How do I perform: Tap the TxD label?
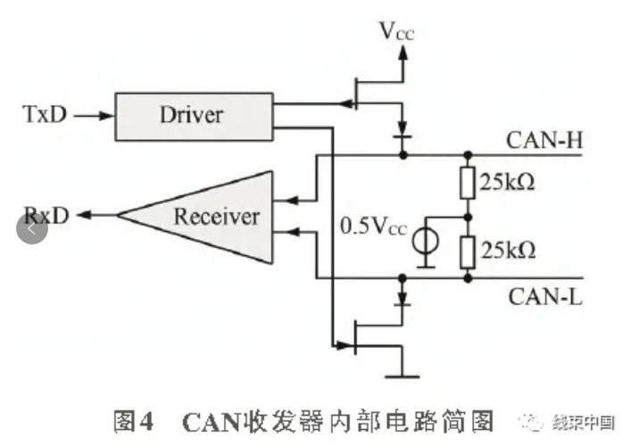pos(45,114)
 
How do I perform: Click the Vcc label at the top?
pos(396,32)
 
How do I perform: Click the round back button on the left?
pos(32,229)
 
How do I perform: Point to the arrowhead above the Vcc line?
pos(404,53)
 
